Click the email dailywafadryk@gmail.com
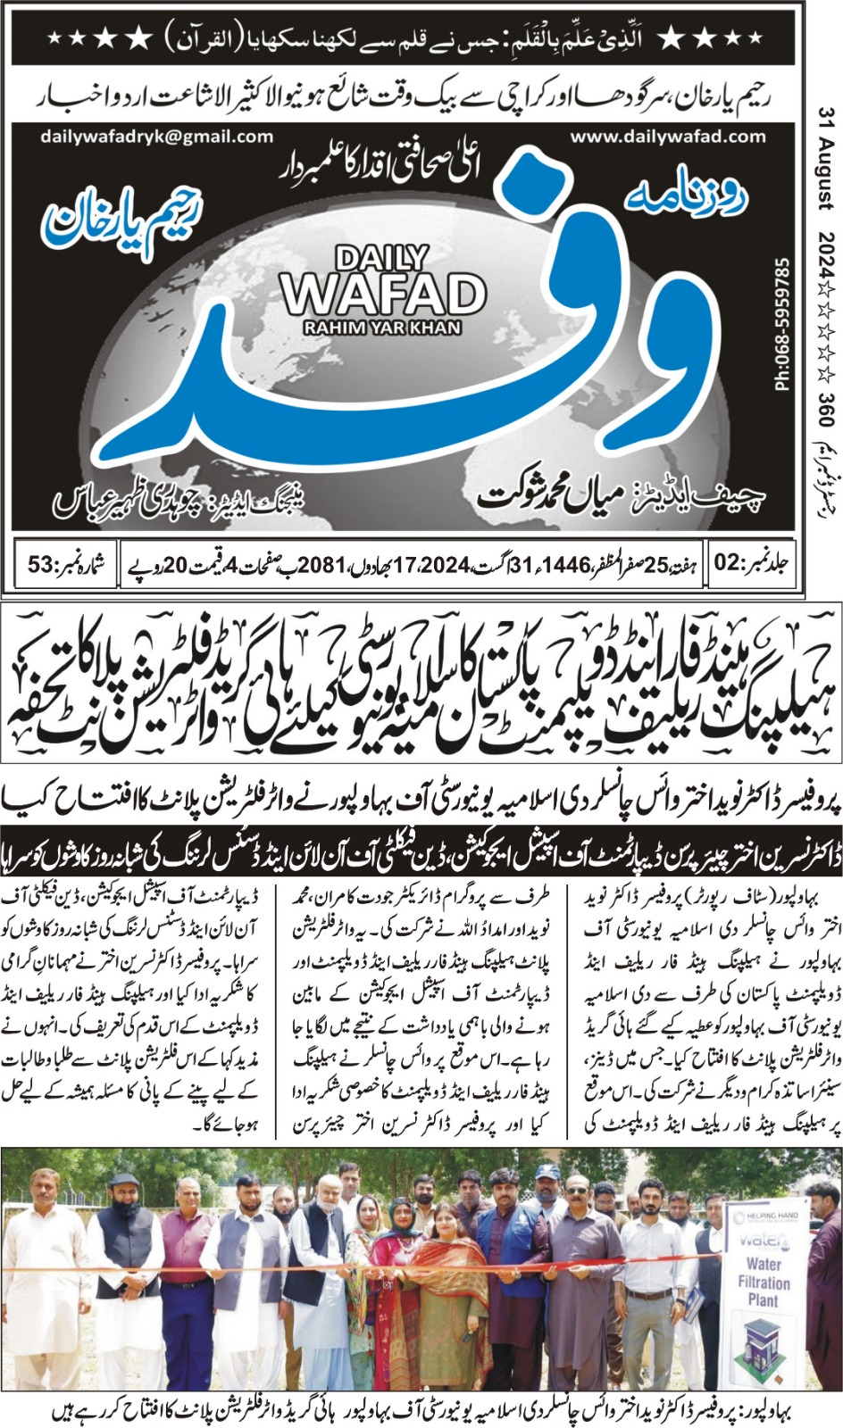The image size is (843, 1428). pos(156,137)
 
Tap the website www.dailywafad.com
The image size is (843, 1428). pos(668,137)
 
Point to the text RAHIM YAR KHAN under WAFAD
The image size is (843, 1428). pos(382,328)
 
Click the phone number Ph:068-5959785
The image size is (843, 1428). pos(783,325)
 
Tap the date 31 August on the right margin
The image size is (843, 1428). pos(825,156)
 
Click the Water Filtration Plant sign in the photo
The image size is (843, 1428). pos(763,1282)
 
